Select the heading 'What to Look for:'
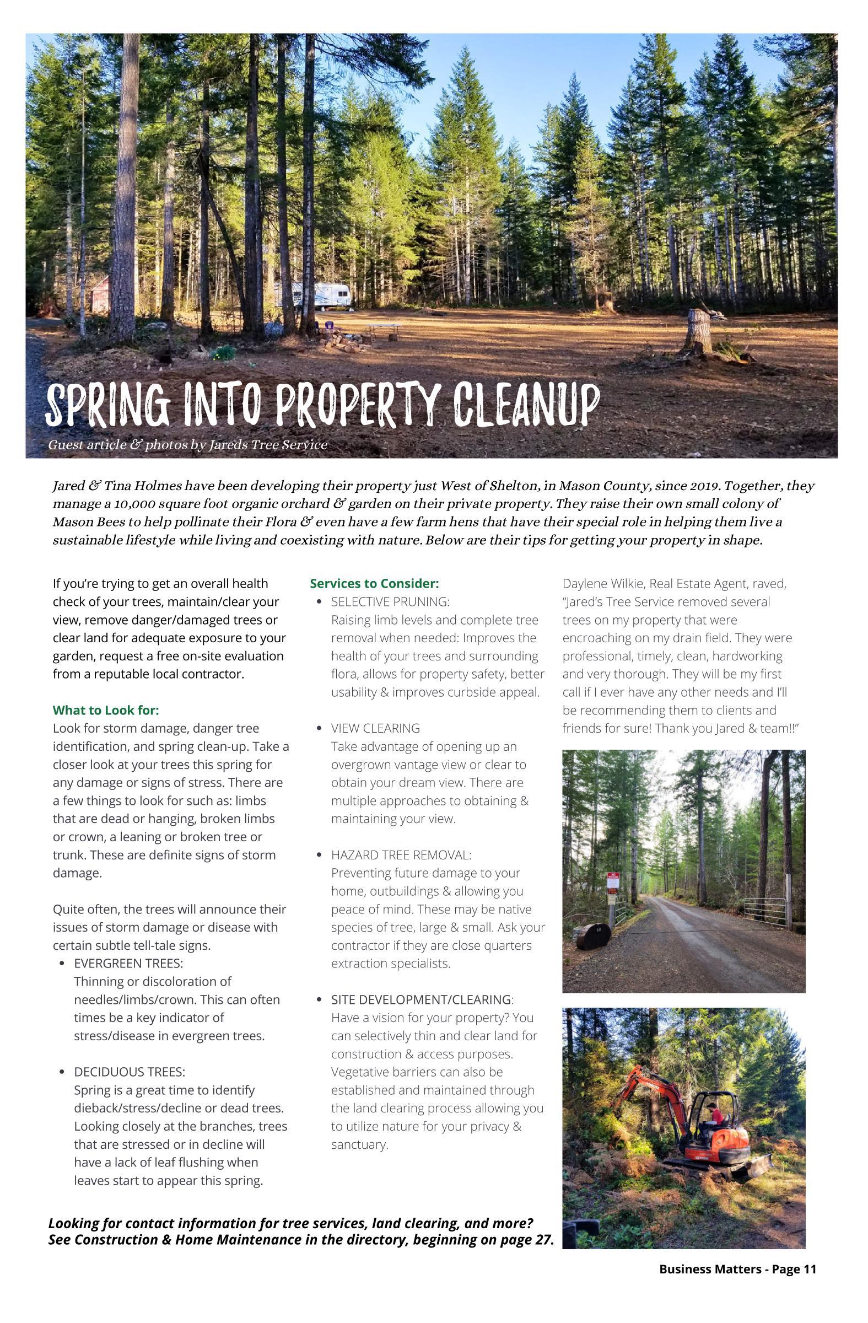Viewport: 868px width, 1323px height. pos(106,710)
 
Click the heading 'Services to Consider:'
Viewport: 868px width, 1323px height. pos(374,583)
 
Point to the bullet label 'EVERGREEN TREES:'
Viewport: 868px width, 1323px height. pos(128,963)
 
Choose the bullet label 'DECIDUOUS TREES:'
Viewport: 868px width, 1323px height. pos(130,1071)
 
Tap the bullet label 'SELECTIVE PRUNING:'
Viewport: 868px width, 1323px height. pos(390,601)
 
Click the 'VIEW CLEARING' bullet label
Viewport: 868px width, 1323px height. pos(375,728)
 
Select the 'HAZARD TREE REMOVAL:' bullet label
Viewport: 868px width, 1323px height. pos(401,854)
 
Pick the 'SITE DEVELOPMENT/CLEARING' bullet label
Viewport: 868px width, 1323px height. pos(421,999)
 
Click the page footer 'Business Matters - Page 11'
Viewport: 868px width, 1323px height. pos(737,1268)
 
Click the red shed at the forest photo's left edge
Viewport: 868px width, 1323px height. pos(99,293)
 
